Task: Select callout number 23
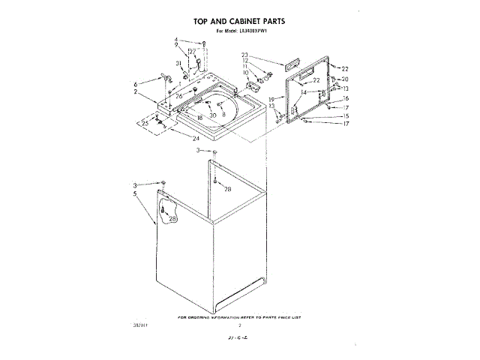coord(244,55)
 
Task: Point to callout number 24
coord(196,139)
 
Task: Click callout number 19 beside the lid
coord(271,100)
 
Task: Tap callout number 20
coord(345,79)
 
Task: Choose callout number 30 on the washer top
coord(213,115)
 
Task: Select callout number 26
coord(179,96)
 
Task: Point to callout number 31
coord(178,63)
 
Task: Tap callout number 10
coord(244,72)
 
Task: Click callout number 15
coord(346,116)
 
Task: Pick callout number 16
coord(346,98)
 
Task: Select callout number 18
coord(199,118)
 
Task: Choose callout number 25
coord(145,123)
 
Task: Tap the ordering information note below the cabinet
coord(240,318)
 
